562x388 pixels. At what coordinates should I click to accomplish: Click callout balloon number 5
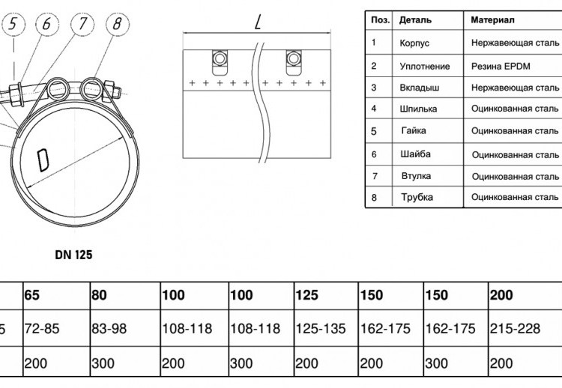[13, 25]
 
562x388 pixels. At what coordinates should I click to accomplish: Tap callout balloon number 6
[47, 25]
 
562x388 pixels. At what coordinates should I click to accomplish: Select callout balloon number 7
[82, 25]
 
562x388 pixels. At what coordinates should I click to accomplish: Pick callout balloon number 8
[118, 25]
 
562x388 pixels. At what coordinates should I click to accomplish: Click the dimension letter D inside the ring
[43, 160]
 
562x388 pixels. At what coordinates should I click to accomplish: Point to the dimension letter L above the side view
[258, 22]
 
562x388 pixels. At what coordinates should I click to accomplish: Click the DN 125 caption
[74, 255]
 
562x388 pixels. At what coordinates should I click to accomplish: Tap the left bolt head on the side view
[220, 58]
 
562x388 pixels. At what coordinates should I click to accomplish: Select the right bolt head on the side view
[294, 58]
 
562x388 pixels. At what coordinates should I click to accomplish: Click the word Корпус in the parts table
[414, 43]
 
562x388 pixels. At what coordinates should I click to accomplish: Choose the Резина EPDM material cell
[501, 66]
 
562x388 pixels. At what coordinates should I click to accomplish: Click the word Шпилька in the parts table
[418, 109]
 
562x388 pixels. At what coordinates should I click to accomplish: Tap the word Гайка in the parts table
[414, 130]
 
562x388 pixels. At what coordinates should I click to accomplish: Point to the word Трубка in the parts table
[417, 197]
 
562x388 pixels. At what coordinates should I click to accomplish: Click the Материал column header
[492, 20]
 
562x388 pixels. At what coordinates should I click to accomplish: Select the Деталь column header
[415, 20]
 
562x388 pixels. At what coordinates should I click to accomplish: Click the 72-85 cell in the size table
[42, 329]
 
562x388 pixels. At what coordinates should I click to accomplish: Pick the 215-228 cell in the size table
[515, 329]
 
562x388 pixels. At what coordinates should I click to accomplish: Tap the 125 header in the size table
[306, 295]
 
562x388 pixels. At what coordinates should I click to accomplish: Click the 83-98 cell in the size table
[109, 329]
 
